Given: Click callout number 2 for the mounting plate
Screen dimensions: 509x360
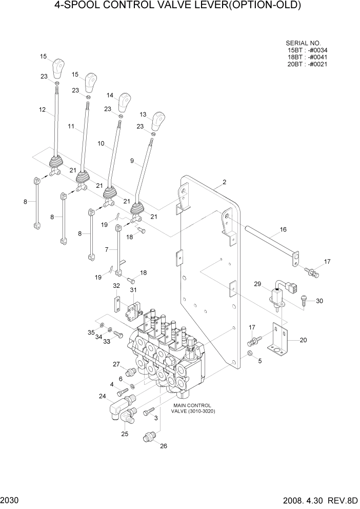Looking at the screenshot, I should coord(224,182).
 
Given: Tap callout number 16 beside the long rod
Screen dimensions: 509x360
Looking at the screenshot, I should coord(283,229).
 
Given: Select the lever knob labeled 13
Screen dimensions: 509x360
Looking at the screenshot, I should coord(160,122).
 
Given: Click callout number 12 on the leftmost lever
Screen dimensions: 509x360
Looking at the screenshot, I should coord(42,110).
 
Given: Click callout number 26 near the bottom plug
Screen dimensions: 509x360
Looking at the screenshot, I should coord(164,446).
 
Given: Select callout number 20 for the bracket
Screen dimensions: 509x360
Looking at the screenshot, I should coord(303,340).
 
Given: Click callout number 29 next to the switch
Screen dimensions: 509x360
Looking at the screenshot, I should coord(257,283).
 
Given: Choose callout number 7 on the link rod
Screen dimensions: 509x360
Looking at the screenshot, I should coord(107,249).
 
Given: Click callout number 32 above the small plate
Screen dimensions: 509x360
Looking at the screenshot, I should coord(116,286).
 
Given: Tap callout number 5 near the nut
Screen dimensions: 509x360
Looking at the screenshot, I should coord(259,361).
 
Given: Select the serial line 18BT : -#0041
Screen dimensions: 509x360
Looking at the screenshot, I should coord(308,57).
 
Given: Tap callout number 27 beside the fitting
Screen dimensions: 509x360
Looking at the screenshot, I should coord(116,364).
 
